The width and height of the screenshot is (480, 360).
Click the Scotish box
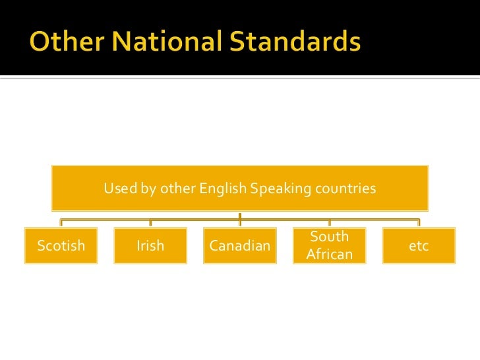61,246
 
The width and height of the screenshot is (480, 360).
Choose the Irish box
150,246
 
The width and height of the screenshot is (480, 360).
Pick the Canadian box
239,246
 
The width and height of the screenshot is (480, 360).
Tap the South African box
329,246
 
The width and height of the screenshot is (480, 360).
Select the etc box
419,246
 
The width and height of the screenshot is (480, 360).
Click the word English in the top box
222,189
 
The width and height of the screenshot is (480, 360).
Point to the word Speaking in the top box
281,189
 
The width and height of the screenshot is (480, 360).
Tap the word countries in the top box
345,189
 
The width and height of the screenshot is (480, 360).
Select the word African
330,255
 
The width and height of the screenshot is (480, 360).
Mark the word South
329,237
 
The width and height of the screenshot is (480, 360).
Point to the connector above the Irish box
150,223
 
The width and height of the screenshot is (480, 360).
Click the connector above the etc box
419,223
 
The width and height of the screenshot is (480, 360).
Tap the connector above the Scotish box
61,223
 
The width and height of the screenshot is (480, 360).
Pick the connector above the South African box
329,223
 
